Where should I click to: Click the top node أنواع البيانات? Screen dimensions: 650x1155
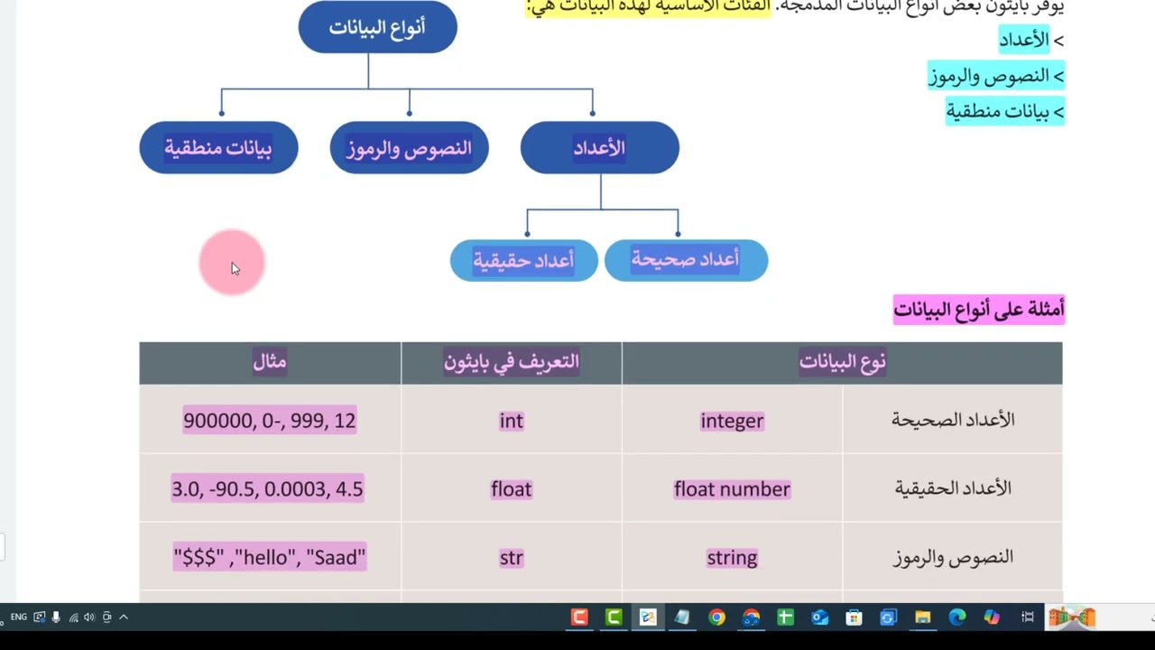point(377,27)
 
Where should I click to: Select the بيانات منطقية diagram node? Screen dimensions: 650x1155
point(218,148)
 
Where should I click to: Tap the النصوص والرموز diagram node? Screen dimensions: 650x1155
point(409,148)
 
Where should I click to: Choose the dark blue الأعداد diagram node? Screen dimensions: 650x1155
point(599,148)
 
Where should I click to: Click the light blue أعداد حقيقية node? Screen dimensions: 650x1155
point(523,261)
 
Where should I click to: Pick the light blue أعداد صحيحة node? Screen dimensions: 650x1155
point(686,260)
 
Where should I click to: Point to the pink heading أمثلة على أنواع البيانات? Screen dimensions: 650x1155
point(978,310)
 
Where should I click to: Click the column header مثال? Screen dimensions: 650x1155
point(270,362)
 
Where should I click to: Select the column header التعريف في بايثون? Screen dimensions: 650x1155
point(511,362)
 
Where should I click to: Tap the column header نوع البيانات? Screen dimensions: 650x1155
point(842,362)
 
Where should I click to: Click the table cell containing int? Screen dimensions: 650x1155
point(511,421)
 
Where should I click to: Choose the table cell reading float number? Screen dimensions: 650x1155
point(732,489)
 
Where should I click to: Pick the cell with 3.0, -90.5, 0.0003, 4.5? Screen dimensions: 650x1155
point(267,489)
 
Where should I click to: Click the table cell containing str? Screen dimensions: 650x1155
point(511,558)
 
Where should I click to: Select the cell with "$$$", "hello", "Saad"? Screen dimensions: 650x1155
point(269,558)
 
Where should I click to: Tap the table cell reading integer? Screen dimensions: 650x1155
point(732,421)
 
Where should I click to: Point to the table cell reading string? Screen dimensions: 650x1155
point(732,558)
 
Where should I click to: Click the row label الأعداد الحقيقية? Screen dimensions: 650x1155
point(953,489)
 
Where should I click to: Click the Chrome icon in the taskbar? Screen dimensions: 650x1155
point(716,617)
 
